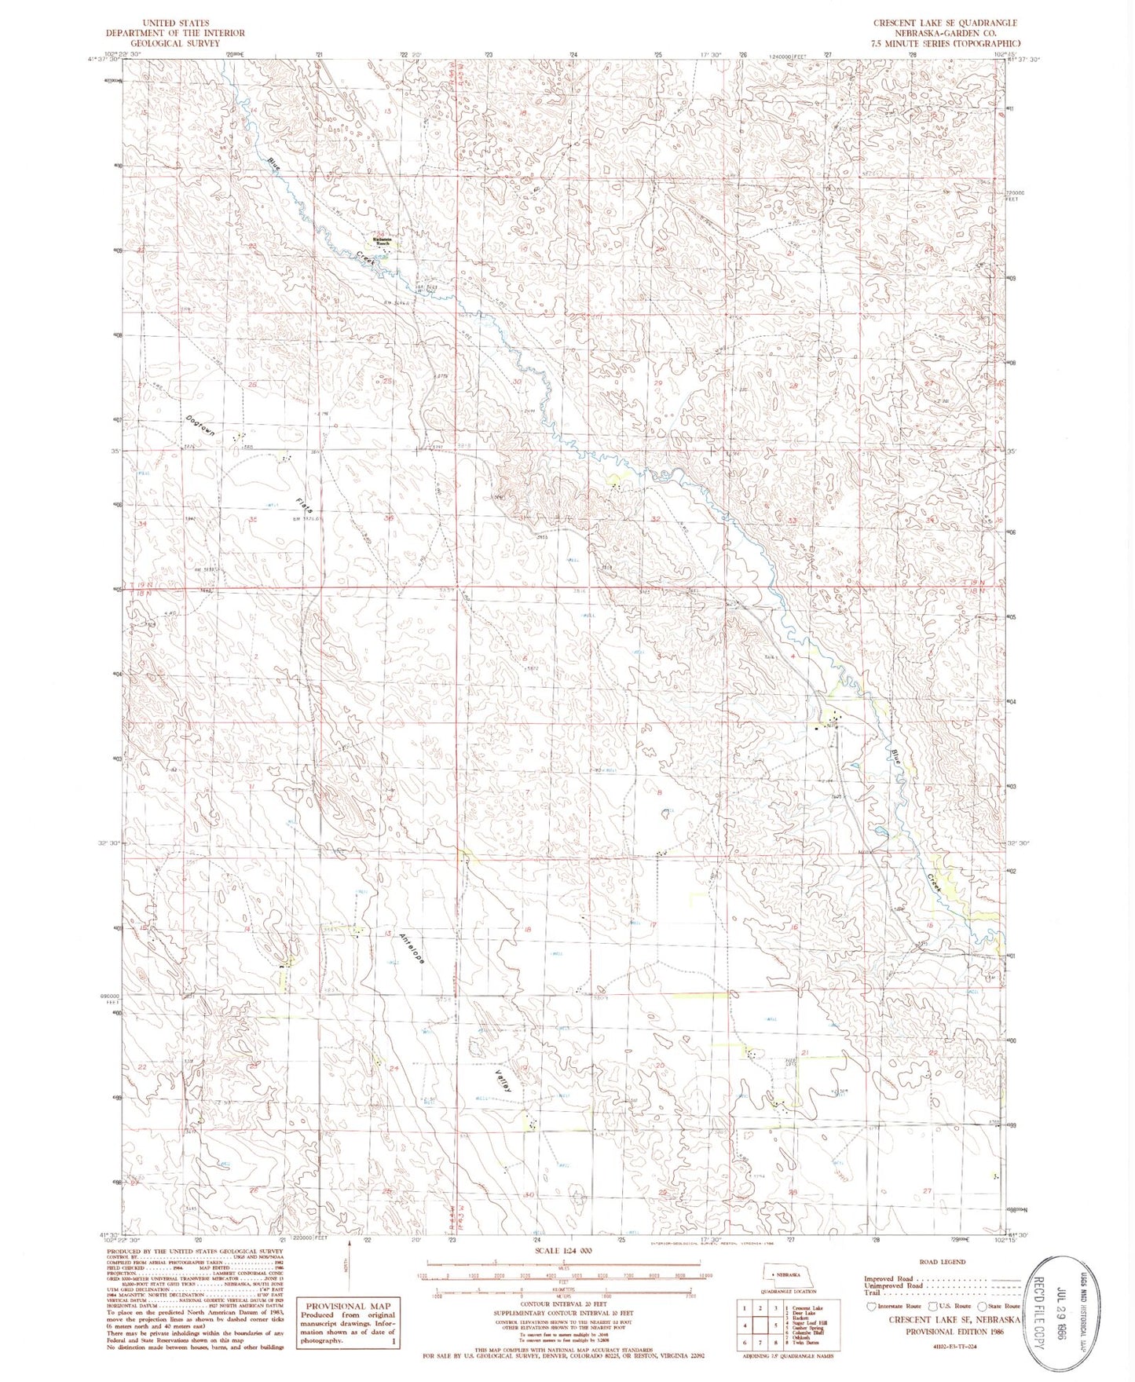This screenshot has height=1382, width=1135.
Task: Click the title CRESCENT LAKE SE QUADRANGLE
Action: [945, 23]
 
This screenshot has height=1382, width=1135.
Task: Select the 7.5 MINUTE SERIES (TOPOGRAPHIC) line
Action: [945, 43]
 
